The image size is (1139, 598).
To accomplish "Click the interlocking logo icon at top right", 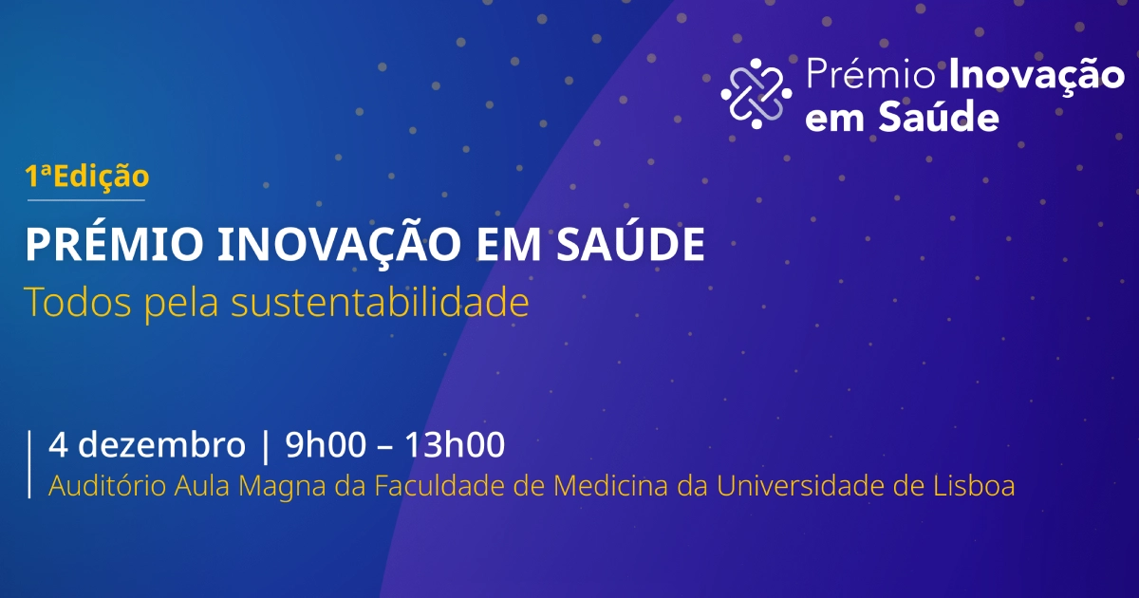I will tap(756, 93).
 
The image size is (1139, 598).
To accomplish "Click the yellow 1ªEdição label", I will tap(87, 176).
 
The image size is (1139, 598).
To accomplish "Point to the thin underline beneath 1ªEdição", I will tap(85, 200).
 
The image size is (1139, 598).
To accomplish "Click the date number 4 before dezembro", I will tap(57, 444).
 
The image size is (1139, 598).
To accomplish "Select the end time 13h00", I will tap(455, 444).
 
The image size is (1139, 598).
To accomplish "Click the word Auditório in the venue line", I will tap(106, 486).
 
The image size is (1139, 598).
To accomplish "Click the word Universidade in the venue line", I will tap(798, 486).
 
